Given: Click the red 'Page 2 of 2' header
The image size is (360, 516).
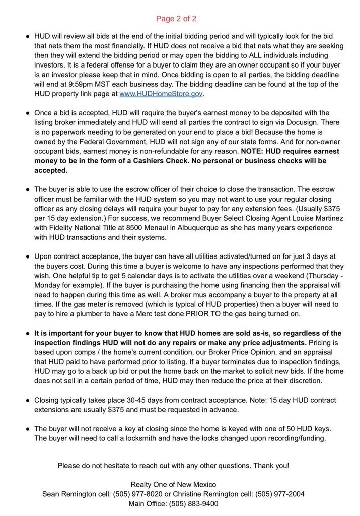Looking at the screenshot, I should (176, 19).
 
